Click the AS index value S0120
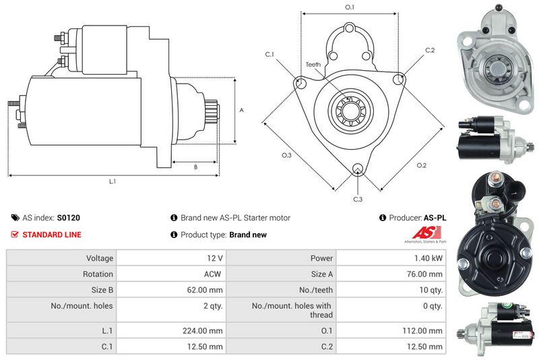coord(68,218)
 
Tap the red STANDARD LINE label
coord(52,235)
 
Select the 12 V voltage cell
coord(215,258)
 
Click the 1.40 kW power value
coord(429,258)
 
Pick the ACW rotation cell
coord(213,274)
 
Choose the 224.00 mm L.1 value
coord(206,331)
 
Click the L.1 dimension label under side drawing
coord(113,181)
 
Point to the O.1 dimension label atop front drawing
coord(350,7)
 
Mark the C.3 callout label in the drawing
coord(358,199)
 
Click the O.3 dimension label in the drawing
coord(286,156)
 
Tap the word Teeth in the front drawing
coord(313,65)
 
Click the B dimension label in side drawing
coord(195,167)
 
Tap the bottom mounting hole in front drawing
coord(358,169)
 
